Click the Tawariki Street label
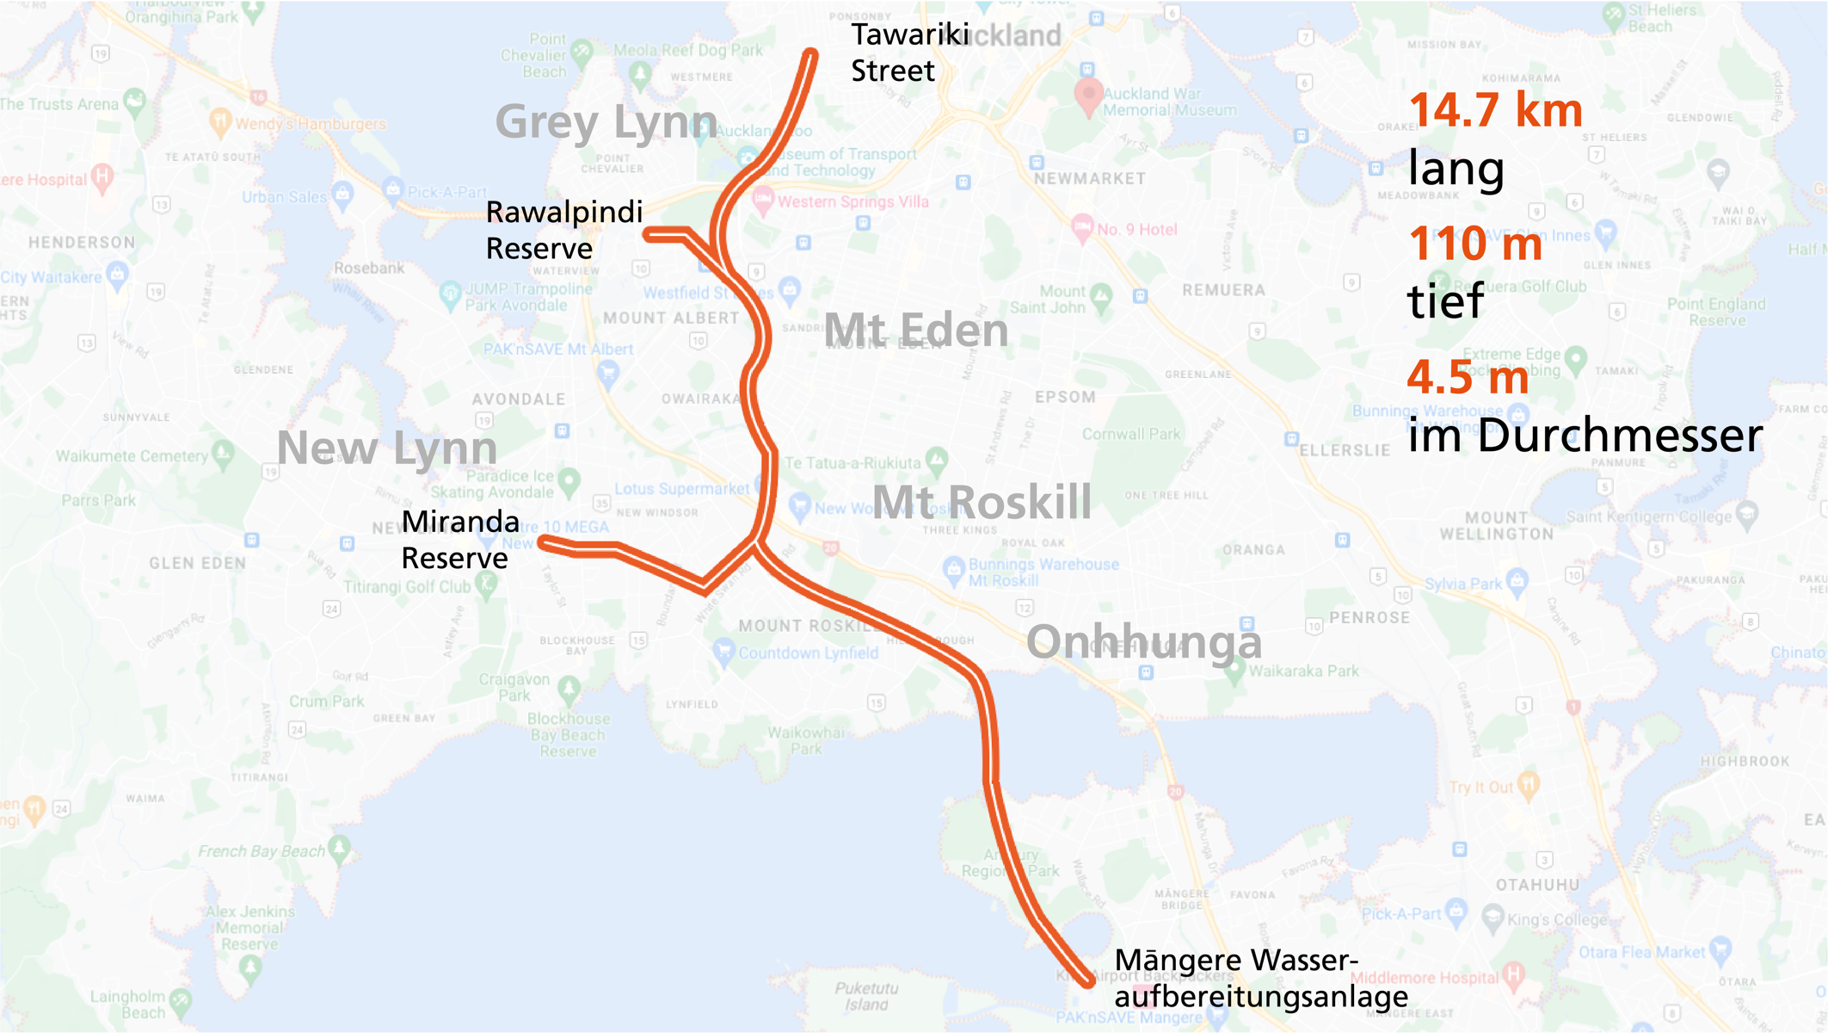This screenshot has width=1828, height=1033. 909,53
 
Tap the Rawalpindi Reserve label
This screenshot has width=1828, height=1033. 563,230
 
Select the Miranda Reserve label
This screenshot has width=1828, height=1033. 459,540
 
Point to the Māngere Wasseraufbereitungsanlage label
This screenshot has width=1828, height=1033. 1260,978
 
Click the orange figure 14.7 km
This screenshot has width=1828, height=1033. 1495,111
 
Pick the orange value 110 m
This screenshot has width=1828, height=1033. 1474,244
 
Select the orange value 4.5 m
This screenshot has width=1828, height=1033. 1468,377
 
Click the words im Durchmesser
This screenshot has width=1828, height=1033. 1585,436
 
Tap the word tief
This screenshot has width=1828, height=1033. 1445,301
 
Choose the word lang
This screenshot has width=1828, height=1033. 1456,168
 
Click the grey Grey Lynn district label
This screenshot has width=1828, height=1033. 606,122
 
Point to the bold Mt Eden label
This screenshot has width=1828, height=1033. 916,331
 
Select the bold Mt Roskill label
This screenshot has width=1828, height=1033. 982,503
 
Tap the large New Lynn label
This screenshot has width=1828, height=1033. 387,448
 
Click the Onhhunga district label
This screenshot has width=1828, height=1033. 1144,642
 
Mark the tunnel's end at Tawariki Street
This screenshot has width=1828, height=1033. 810,55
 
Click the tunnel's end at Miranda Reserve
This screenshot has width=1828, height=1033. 544,541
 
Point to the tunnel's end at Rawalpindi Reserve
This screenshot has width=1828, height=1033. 649,234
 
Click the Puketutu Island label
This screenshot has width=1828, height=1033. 866,996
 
